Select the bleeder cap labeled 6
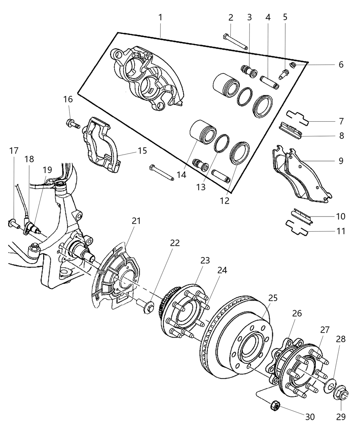coord(292,65)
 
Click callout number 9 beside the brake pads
coord(340,161)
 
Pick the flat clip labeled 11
coord(297,227)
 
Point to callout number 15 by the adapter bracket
coord(142,150)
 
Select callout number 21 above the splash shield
coord(136,221)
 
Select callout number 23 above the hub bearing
coord(205,260)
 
